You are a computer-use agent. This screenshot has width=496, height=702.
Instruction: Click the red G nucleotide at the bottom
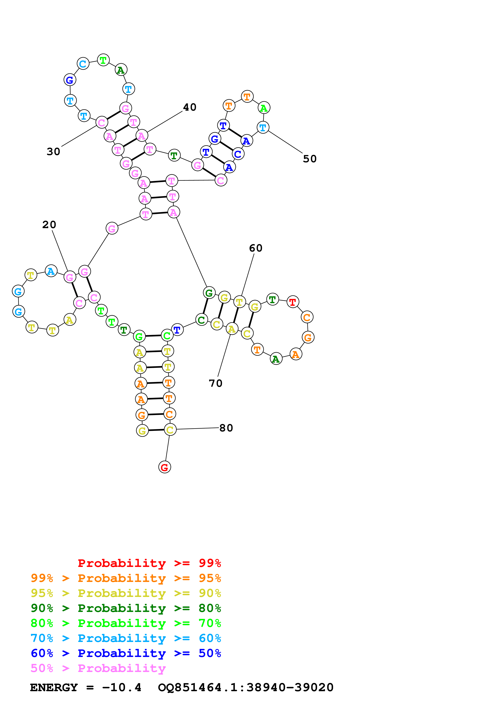click(x=164, y=467)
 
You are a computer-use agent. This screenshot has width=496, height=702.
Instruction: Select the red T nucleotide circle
click(x=293, y=302)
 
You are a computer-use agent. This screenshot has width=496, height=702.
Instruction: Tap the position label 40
click(x=189, y=107)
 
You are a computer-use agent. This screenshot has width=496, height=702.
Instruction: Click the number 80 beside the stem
click(x=226, y=428)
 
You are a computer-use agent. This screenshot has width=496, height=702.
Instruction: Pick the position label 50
click(x=310, y=159)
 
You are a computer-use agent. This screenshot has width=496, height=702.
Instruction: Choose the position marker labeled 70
click(x=215, y=383)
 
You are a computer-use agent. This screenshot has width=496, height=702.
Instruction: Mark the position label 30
click(x=53, y=152)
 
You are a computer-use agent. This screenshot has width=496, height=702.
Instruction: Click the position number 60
click(x=256, y=248)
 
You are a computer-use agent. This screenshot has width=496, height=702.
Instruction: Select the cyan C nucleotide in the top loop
click(x=83, y=64)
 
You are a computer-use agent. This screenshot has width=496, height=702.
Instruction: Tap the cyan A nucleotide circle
click(x=51, y=271)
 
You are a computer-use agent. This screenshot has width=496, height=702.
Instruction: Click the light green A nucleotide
click(x=264, y=108)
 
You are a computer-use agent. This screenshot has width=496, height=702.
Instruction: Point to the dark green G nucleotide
click(x=209, y=293)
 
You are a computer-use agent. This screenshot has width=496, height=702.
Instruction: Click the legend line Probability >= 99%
click(x=149, y=563)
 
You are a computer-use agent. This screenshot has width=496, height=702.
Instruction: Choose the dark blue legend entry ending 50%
click(x=126, y=653)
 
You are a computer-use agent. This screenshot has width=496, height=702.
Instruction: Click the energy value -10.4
click(x=122, y=687)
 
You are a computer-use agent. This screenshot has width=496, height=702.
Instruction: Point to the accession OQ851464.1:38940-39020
click(x=245, y=687)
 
